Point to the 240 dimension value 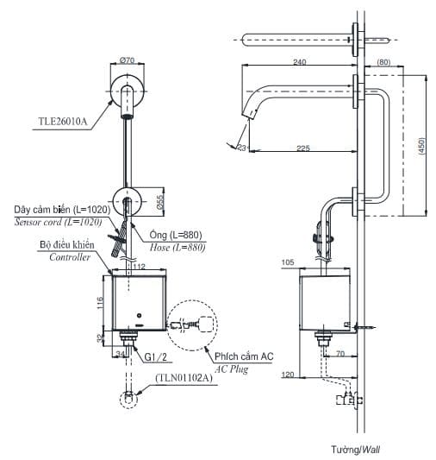pyautogui.click(x=300, y=62)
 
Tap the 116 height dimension pyautogui.click(x=101, y=303)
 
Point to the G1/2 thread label pyautogui.click(x=154, y=356)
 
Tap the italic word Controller pyautogui.click(x=70, y=257)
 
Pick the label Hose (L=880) pyautogui.click(x=179, y=247)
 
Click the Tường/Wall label pyautogui.click(x=354, y=450)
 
